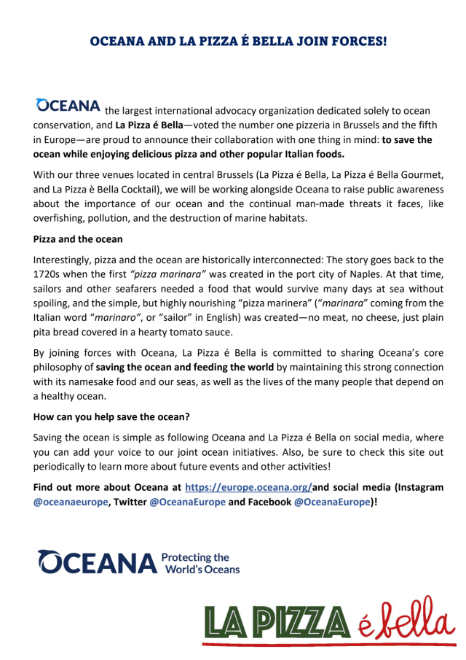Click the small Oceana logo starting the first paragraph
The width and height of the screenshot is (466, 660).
[68, 106]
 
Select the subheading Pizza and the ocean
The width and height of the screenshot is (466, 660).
[78, 238]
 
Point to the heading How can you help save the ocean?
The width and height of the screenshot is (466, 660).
[111, 419]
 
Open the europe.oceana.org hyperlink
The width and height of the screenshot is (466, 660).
[249, 486]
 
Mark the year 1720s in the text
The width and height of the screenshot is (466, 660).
[50, 274]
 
